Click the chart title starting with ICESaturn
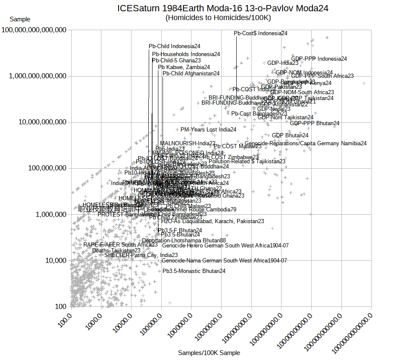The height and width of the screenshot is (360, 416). pyautogui.click(x=222, y=8)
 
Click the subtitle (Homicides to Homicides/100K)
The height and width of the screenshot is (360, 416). pyautogui.click(x=218, y=18)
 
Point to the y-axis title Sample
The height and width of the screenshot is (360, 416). pyautogui.click(x=20, y=19)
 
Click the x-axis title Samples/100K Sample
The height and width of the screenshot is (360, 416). pyautogui.click(x=209, y=353)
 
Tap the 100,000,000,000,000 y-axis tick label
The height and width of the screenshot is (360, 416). pyautogui.click(x=34, y=30)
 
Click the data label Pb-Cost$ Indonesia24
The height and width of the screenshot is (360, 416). pyautogui.click(x=261, y=33)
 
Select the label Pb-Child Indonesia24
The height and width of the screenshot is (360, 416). pyautogui.click(x=175, y=46)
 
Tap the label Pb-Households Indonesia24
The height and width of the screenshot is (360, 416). pyautogui.click(x=186, y=54)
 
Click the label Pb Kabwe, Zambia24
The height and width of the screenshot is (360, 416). pyautogui.click(x=184, y=67)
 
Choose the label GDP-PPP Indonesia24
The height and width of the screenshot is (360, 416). pyautogui.click(x=319, y=59)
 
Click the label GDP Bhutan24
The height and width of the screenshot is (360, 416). pyautogui.click(x=290, y=135)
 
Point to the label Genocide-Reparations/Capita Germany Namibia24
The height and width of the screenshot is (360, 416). pyautogui.click(x=305, y=143)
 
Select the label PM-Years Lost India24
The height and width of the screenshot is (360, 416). pyautogui.click(x=208, y=130)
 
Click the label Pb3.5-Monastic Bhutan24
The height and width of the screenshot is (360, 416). pyautogui.click(x=194, y=271)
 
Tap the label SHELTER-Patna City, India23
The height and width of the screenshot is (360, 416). pyautogui.click(x=141, y=255)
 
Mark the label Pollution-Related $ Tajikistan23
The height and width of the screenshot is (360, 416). pyautogui.click(x=247, y=161)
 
